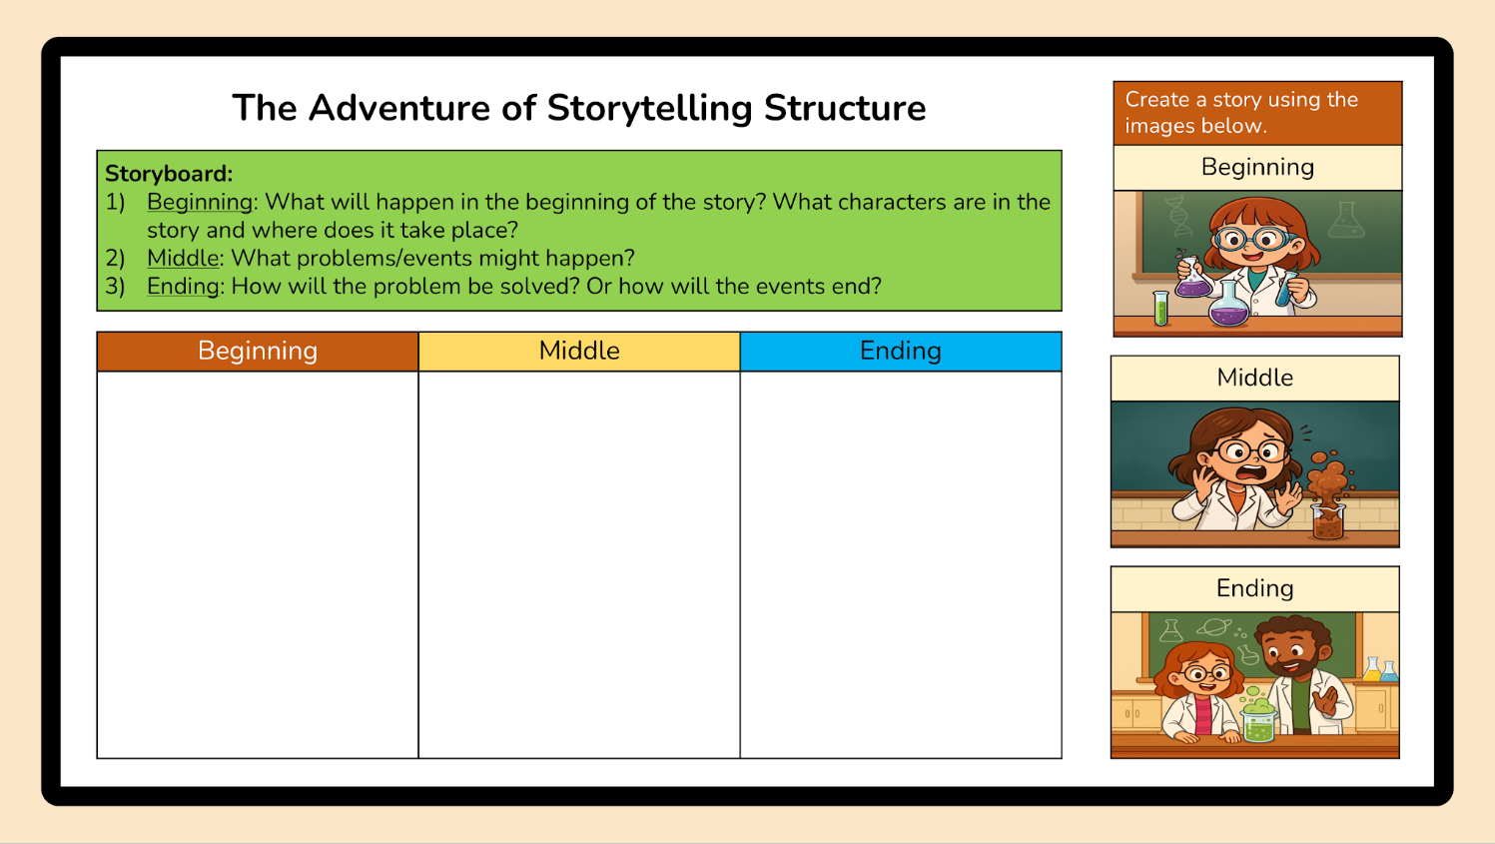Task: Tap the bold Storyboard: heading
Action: click(x=169, y=174)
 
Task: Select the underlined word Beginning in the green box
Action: click(x=200, y=203)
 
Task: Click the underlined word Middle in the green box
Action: click(x=183, y=258)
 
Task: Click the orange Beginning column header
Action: click(x=258, y=352)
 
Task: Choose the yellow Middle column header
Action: click(x=579, y=352)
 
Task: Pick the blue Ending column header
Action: click(x=901, y=352)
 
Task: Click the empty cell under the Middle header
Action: click(x=579, y=564)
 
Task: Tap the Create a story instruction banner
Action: click(x=1257, y=113)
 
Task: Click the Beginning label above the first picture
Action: click(x=1257, y=168)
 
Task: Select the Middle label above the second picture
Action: click(x=1254, y=378)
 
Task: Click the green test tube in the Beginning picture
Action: click(x=1161, y=309)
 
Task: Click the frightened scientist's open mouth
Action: click(x=1251, y=473)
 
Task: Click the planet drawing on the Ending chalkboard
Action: click(x=1214, y=627)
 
